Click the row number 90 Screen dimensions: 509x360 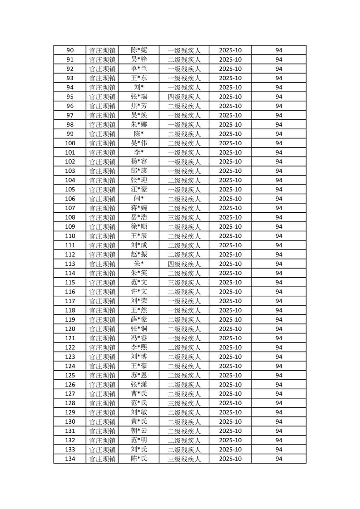point(70,50)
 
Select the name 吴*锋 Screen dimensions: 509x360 point(138,59)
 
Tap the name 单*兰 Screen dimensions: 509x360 point(138,69)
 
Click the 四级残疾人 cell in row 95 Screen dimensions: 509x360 point(184,97)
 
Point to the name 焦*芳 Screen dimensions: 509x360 point(138,106)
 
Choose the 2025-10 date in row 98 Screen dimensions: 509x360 point(230,125)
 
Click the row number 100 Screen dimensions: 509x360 point(70,143)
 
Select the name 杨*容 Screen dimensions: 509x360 point(138,162)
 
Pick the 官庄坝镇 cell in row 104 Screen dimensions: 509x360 point(102,180)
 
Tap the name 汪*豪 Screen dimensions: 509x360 point(138,190)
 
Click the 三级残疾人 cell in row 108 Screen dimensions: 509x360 point(184,217)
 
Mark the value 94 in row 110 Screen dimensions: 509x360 point(279,236)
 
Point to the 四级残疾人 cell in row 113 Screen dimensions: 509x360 point(184,264)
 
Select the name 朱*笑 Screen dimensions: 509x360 point(138,273)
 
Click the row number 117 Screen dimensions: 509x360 point(70,301)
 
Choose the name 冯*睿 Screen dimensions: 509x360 point(138,338)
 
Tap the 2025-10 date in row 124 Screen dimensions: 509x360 point(230,366)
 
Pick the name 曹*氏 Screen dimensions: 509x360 point(138,394)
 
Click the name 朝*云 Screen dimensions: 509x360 point(138,431)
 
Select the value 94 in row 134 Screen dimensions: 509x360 point(279,459)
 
